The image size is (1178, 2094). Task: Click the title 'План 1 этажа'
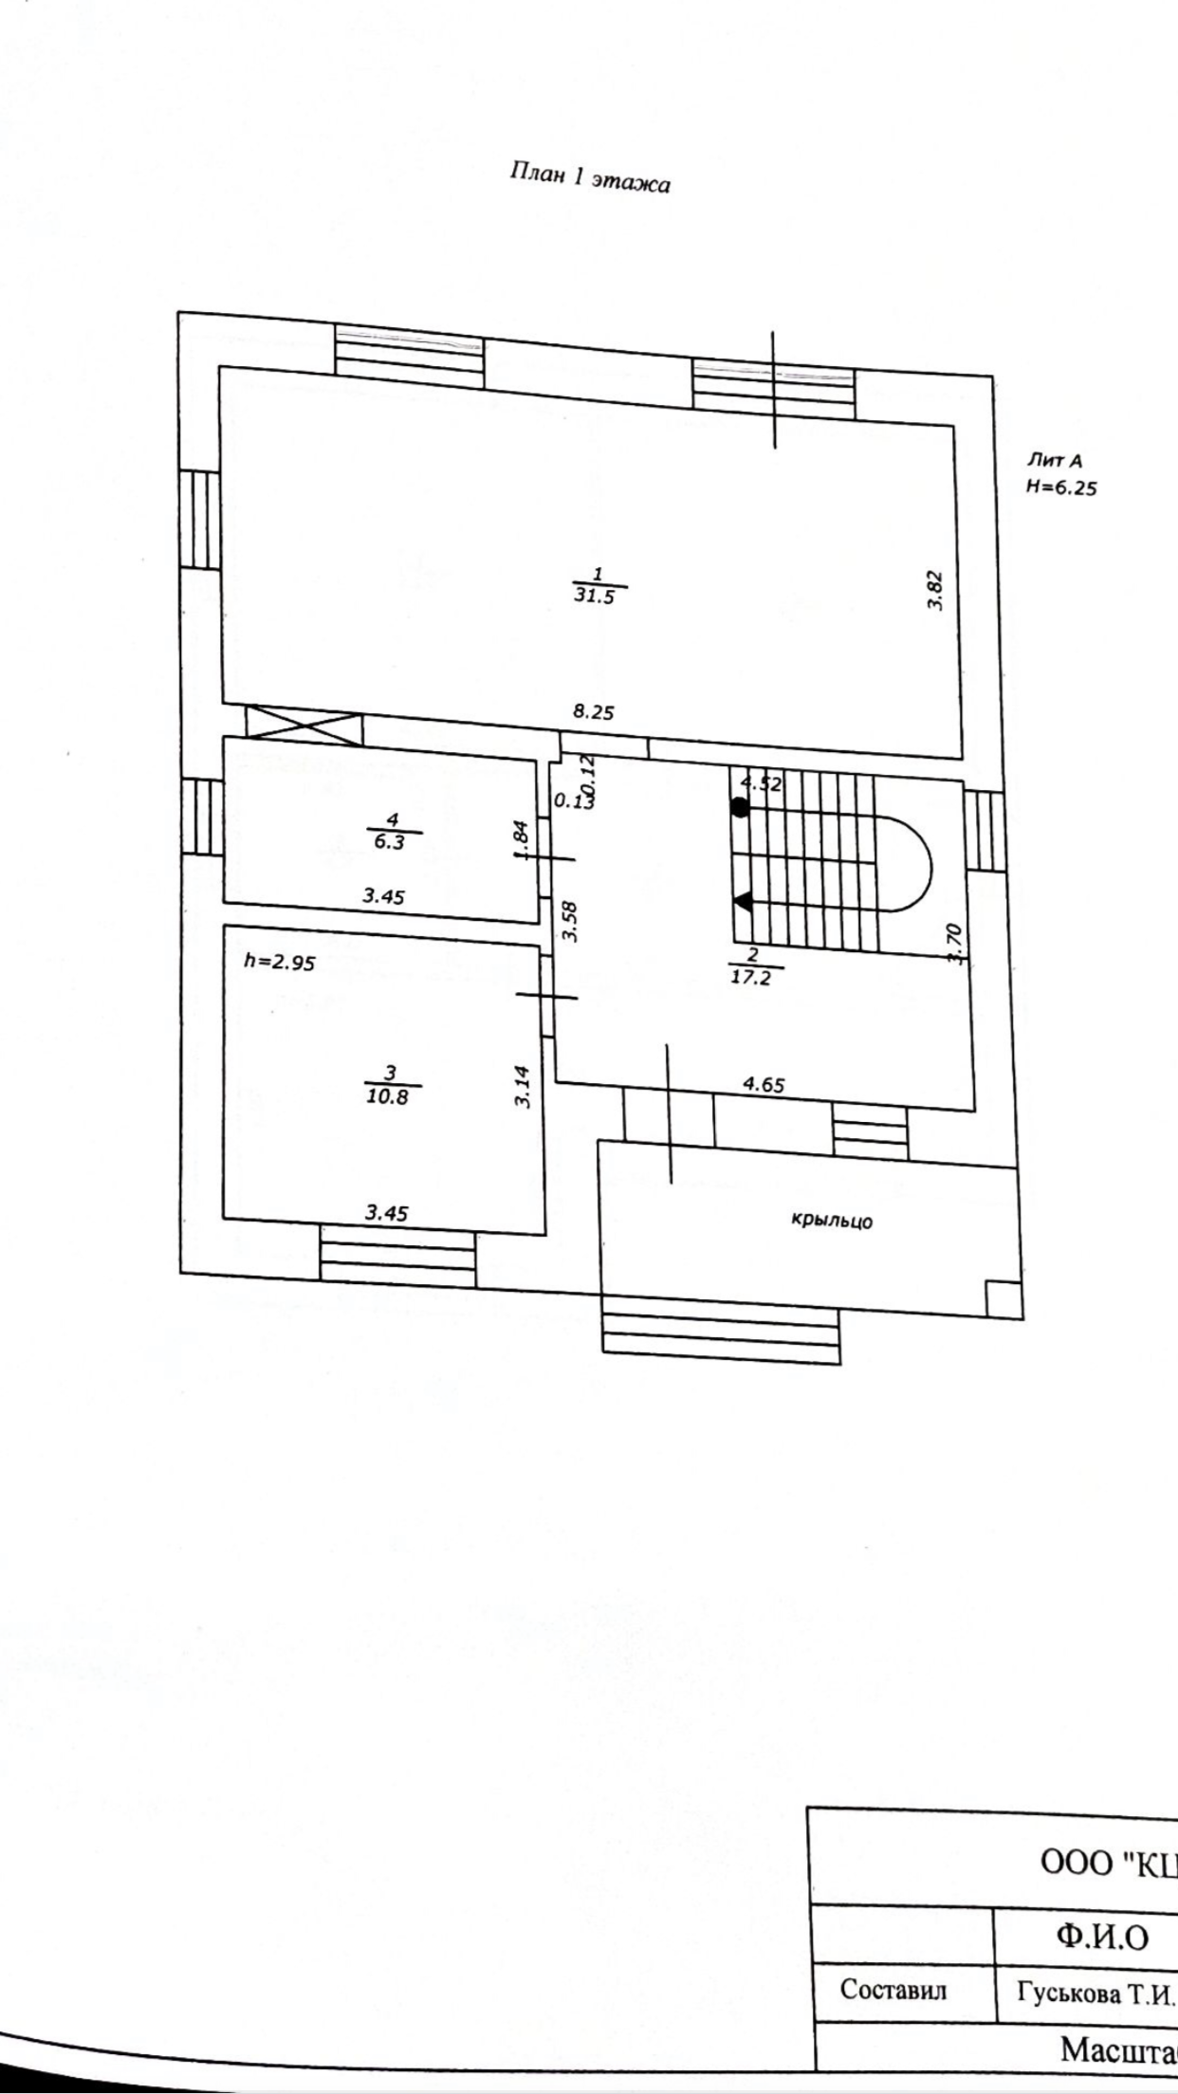click(x=589, y=177)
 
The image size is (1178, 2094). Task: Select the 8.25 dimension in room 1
click(x=593, y=712)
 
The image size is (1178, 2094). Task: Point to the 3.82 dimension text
click(x=935, y=590)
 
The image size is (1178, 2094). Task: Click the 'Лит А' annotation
click(x=1054, y=462)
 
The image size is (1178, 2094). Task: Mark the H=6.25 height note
click(x=1060, y=488)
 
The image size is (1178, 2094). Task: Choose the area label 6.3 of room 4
click(x=389, y=841)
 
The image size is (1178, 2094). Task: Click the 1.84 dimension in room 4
click(x=521, y=841)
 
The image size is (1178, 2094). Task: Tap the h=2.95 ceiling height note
click(x=279, y=962)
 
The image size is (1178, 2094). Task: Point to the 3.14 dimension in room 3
click(x=523, y=1087)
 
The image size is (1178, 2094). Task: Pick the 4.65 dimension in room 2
click(x=764, y=1085)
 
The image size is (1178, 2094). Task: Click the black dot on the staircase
click(x=740, y=808)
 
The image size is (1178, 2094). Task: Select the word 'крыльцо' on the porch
click(x=832, y=1221)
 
